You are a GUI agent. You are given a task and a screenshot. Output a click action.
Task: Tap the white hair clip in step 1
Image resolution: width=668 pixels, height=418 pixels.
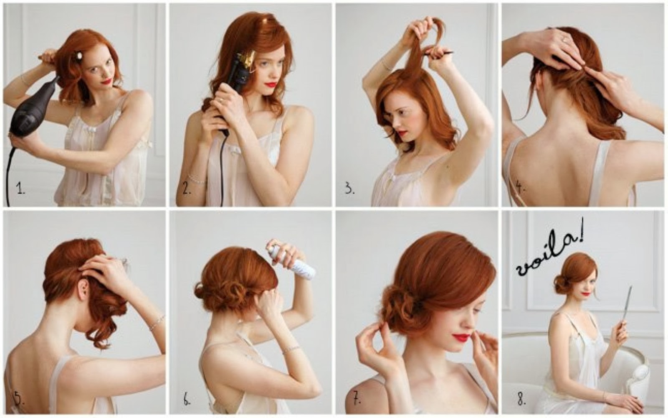pos(80,56)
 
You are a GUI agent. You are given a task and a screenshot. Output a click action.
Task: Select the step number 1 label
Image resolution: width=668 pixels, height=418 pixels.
pos(20,189)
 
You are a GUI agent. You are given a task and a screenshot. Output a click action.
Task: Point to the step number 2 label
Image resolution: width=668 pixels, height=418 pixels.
pos(187,189)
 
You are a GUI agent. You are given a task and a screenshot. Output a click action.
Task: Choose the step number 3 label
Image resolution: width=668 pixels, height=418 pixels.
pos(350,189)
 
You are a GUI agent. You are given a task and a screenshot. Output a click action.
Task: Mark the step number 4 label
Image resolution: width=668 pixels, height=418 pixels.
pos(521,188)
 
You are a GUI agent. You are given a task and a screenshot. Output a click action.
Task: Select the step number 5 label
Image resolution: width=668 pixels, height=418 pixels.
pos(18,399)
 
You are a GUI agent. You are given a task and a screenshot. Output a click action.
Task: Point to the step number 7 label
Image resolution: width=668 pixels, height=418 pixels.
pos(357,398)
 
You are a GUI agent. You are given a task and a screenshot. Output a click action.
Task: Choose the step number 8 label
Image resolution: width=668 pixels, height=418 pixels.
pos(521,399)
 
